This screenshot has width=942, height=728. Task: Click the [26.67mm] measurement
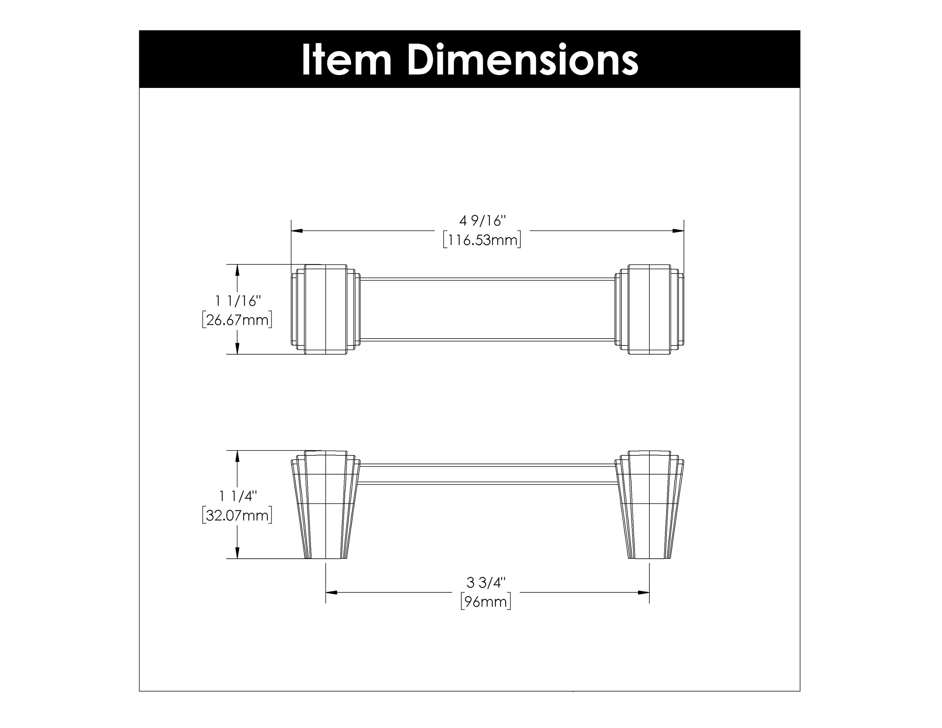pos(237,320)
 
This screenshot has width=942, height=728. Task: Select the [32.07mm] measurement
pos(237,515)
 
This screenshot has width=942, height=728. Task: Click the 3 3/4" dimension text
pos(486,583)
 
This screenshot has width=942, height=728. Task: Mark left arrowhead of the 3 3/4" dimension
pos(331,593)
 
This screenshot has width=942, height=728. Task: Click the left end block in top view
pos(326,309)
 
